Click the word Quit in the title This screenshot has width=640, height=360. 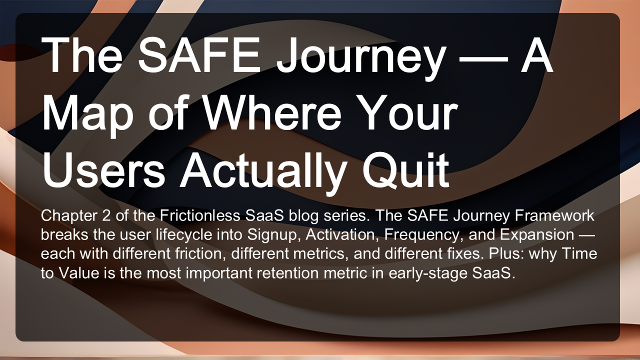pos(406,170)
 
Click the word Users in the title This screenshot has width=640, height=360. pos(103,170)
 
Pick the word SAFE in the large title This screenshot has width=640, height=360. pos(199,55)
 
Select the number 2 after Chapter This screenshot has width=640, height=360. pos(105,215)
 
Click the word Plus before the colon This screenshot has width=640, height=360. pos(502,253)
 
